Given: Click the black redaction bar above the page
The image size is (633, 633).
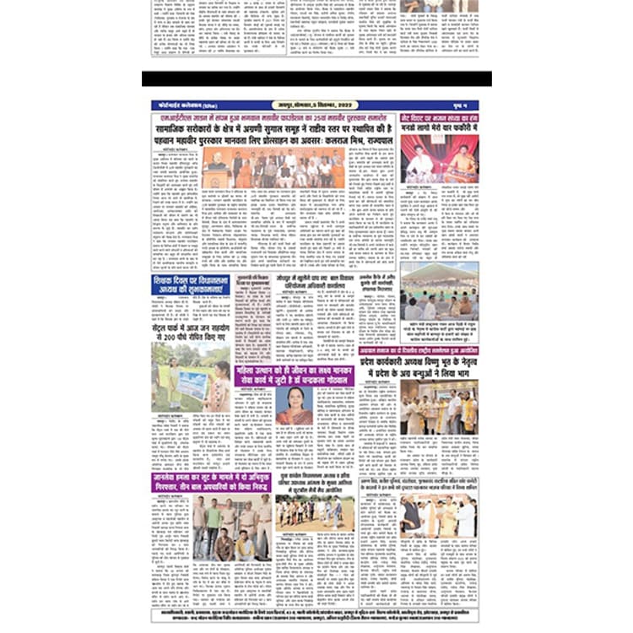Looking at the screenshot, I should coord(316,78).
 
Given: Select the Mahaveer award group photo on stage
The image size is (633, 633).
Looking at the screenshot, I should coord(278,168).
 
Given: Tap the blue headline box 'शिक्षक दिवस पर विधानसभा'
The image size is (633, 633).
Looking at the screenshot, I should coord(191,285).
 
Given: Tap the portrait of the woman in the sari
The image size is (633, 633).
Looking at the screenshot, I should coord(295,406).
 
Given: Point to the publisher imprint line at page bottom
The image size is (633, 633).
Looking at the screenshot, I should coord(316,615).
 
